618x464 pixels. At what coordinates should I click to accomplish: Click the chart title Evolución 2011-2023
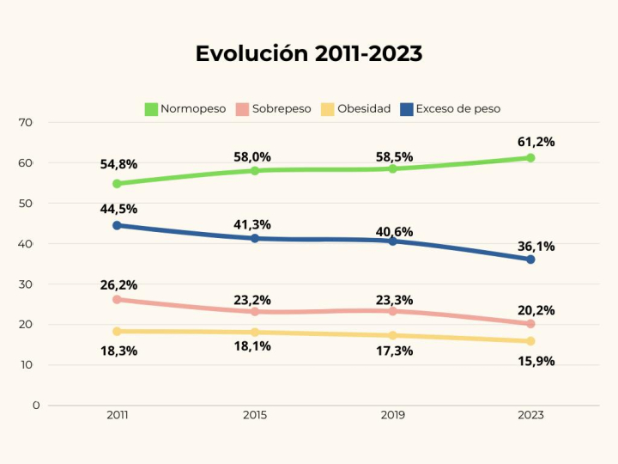coord(309,53)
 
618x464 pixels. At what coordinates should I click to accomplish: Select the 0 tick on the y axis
coord(35,405)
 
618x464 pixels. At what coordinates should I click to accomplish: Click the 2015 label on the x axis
coord(255,415)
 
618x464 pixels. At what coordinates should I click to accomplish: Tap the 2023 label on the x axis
coord(530,415)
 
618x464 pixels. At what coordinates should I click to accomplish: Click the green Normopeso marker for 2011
coord(117,184)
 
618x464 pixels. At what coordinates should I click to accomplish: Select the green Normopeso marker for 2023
coord(530,158)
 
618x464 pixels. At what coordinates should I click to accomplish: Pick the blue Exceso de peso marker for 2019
coord(393,241)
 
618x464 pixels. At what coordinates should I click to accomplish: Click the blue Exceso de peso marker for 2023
coord(530,259)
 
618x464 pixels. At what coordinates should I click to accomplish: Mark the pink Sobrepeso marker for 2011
coord(117,300)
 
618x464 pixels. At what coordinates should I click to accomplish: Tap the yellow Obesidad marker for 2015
coord(255,333)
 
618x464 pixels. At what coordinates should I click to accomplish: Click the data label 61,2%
coord(536,142)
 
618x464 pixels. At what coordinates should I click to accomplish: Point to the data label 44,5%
coord(118,209)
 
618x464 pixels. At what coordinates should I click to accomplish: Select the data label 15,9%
coord(536,361)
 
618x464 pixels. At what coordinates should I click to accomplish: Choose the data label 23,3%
coord(394,300)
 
